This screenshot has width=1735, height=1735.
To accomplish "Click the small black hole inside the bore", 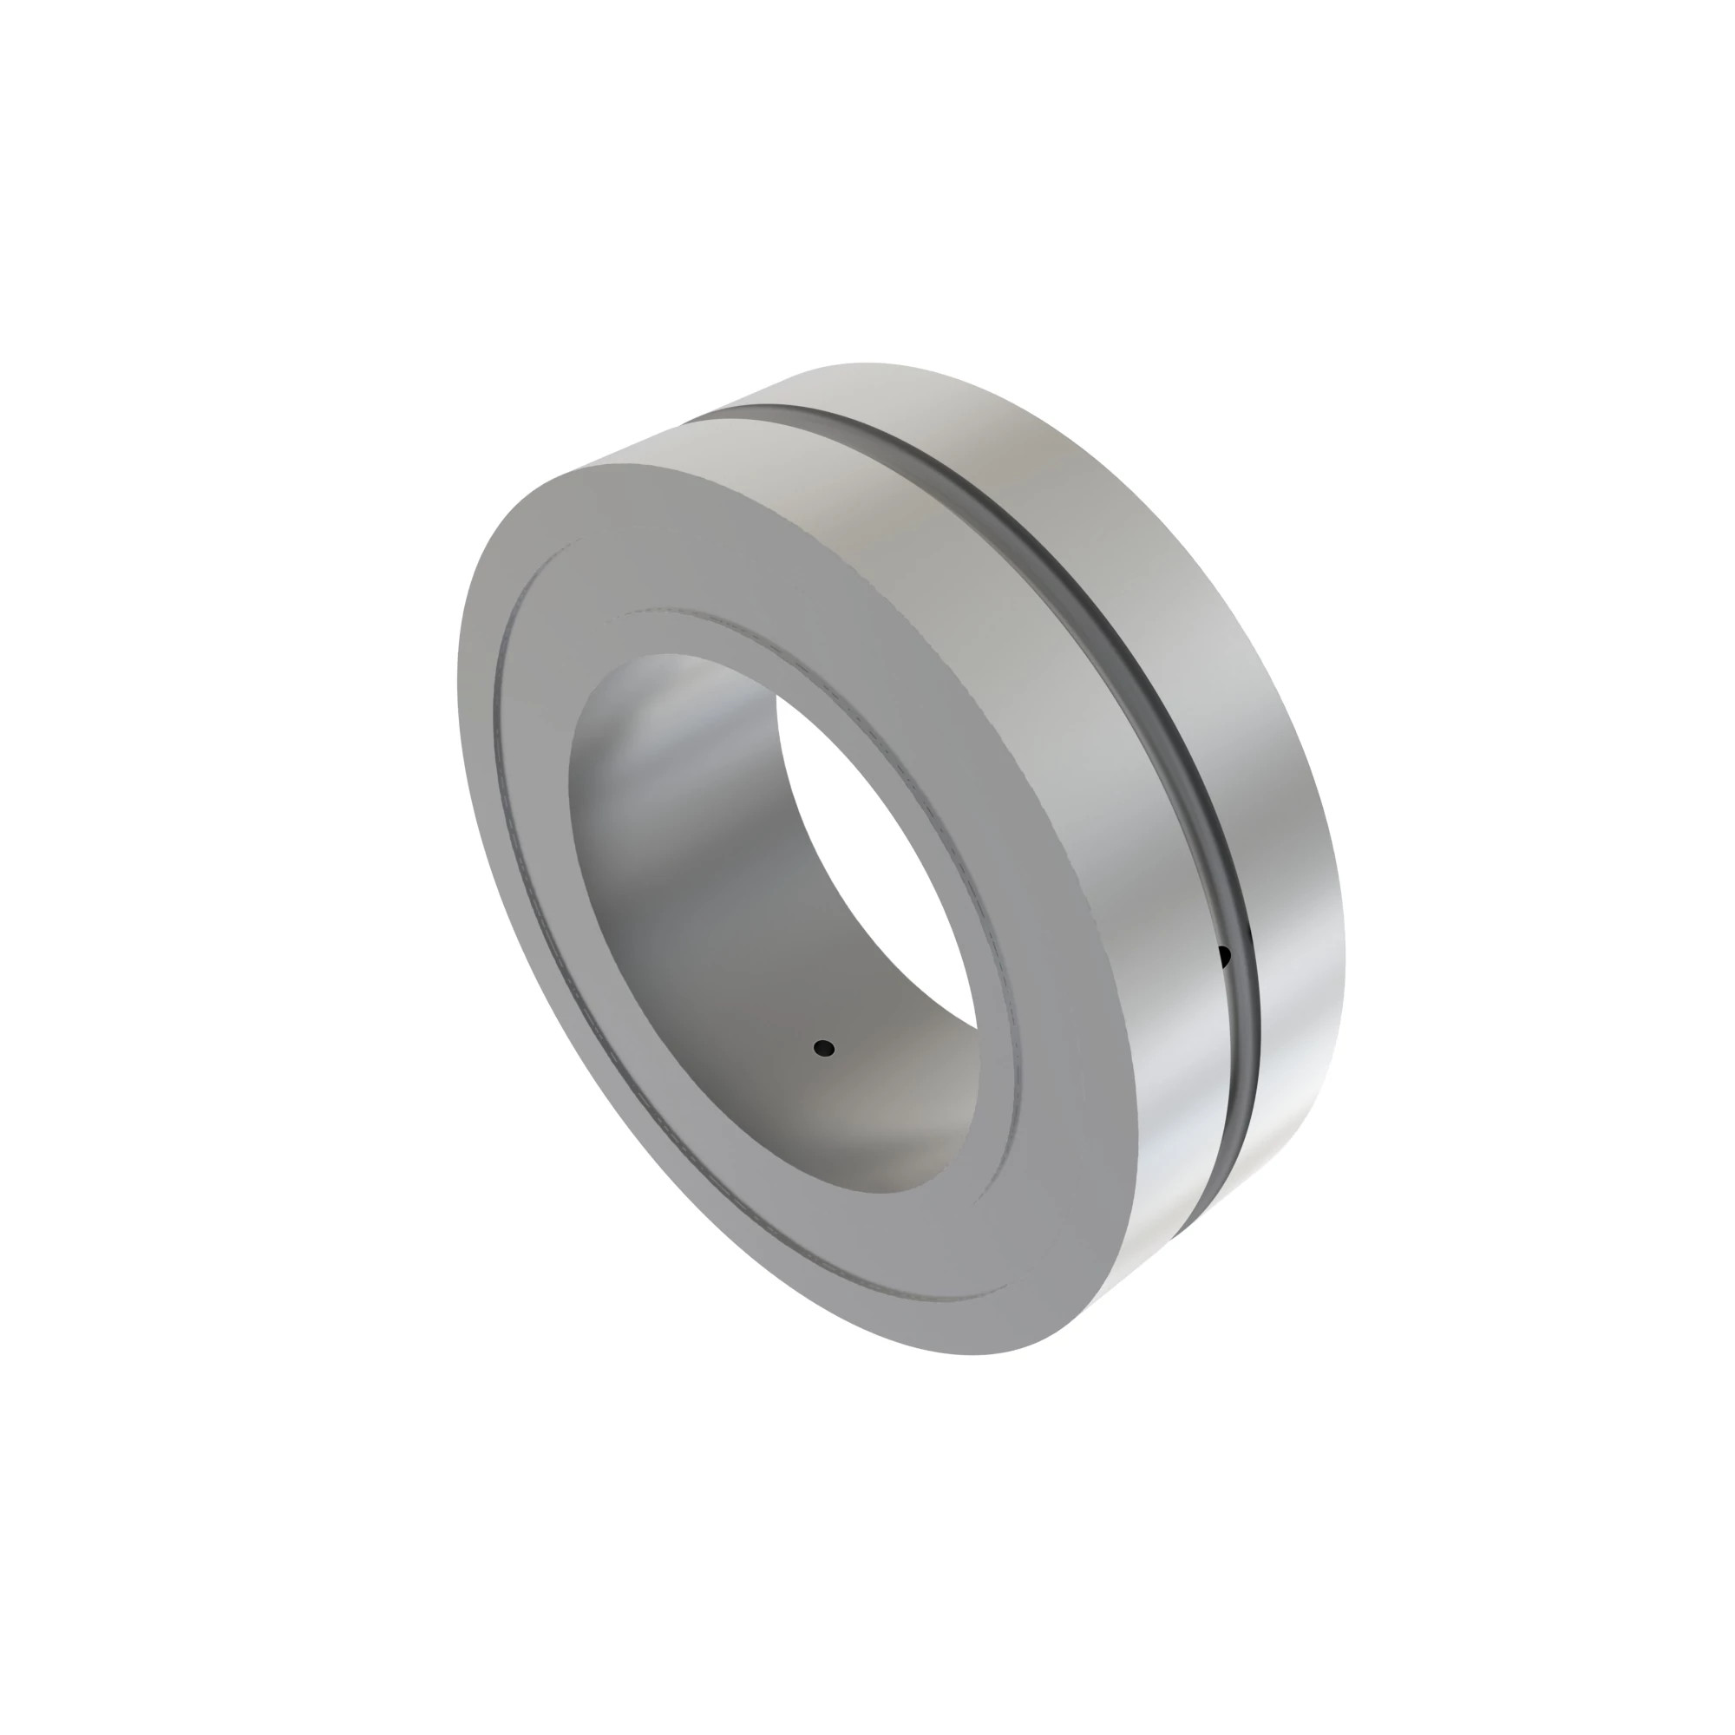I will tap(823, 1048).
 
